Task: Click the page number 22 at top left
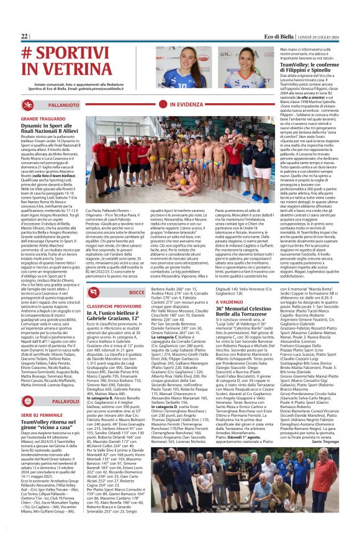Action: (24, 37)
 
